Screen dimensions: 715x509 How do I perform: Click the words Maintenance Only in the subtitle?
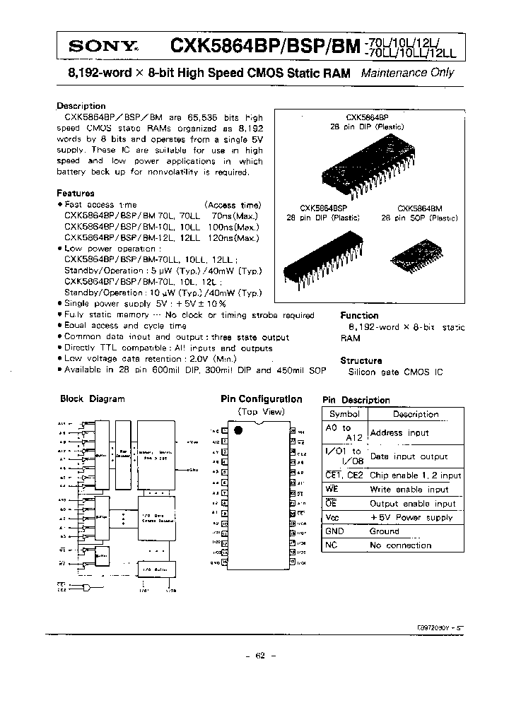coord(407,73)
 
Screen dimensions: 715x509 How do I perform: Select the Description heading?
coord(81,106)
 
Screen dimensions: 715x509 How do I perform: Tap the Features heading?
coord(75,193)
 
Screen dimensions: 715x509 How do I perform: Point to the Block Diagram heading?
coord(93,398)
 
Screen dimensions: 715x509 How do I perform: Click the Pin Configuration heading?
coord(261,399)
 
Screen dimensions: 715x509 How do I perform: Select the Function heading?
coord(359,315)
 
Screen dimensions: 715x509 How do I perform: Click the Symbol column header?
coord(344,415)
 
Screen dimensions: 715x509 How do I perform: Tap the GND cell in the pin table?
coord(334,531)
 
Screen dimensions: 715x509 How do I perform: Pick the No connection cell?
coord(400,545)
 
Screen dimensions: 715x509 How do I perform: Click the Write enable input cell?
coord(409,490)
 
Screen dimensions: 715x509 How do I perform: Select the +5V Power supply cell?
coord(411,518)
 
